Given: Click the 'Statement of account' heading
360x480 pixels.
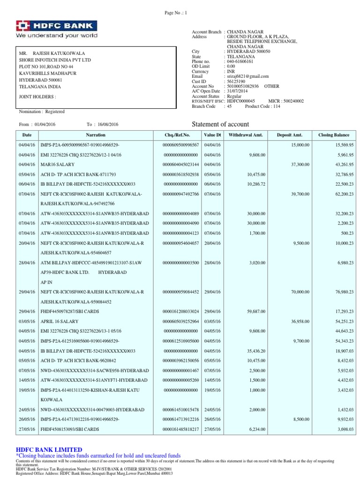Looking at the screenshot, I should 221,124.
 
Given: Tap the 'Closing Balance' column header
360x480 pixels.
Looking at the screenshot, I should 335,135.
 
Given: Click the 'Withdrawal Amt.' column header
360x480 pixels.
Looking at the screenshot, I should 246,135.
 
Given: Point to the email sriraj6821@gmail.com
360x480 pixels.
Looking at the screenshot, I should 247,76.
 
